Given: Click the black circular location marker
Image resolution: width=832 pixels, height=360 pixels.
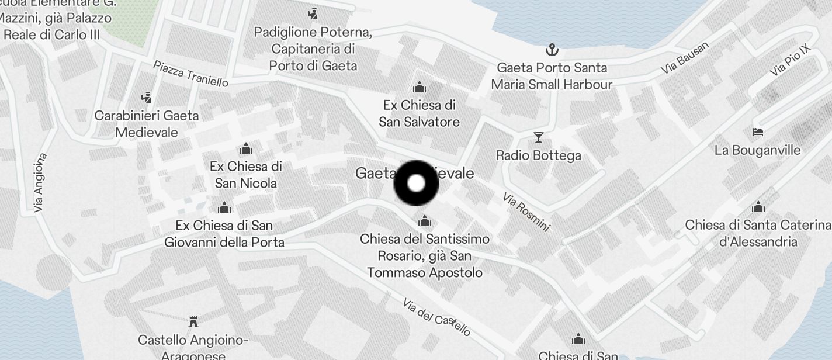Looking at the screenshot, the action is [x=416, y=184].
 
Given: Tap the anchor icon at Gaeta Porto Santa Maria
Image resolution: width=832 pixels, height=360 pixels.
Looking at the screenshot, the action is [x=552, y=50].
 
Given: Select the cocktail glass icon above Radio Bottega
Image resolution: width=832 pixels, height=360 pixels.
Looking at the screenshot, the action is [x=539, y=137].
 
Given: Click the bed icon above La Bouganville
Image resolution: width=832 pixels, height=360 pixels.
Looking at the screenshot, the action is [x=758, y=132].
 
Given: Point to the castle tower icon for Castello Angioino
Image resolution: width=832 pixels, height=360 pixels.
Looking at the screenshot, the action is [x=193, y=321].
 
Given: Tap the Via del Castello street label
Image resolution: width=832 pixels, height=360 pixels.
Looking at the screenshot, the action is [x=436, y=317].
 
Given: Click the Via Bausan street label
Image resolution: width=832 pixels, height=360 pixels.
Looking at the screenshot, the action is [x=685, y=58].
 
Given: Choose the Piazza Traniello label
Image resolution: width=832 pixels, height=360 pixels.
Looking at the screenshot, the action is [x=190, y=74].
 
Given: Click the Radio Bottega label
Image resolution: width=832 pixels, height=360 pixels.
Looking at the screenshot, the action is [x=538, y=155].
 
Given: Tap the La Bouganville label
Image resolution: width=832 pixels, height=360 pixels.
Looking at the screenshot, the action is [x=757, y=150].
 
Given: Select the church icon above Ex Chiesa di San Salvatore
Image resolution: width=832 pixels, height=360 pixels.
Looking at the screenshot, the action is [x=419, y=88].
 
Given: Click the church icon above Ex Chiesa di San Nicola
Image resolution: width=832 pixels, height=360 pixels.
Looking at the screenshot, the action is [x=246, y=148].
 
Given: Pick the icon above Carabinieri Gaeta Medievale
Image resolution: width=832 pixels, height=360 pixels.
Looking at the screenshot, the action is [x=147, y=97].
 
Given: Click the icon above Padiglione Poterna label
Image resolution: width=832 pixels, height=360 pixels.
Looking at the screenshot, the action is [x=313, y=13].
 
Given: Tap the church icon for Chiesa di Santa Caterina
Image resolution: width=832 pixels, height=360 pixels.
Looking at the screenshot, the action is [x=758, y=207].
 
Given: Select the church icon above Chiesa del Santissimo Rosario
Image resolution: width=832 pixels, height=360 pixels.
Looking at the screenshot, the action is [x=425, y=221].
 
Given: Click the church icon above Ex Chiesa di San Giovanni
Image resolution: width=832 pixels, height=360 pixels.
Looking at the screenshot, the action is [x=224, y=207].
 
